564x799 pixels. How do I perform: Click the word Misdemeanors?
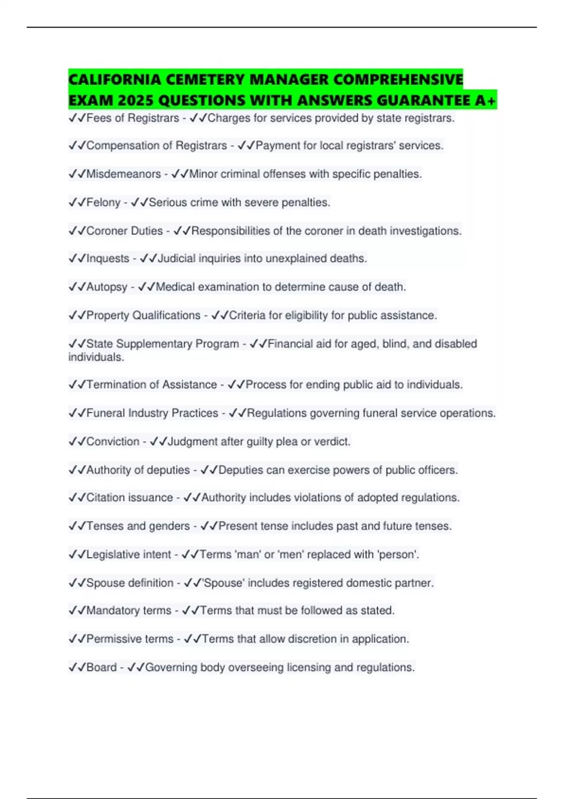[123, 174]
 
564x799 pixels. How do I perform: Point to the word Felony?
[103, 203]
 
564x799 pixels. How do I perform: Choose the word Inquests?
[108, 258]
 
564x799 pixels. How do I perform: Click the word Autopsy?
[107, 287]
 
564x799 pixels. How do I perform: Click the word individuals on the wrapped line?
[96, 357]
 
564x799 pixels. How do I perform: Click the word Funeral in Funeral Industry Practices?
[106, 413]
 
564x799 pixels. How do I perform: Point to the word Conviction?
[113, 441]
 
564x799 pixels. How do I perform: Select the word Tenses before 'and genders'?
[105, 526]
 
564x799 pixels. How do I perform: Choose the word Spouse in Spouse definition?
[105, 583]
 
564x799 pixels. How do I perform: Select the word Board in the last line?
[101, 667]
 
